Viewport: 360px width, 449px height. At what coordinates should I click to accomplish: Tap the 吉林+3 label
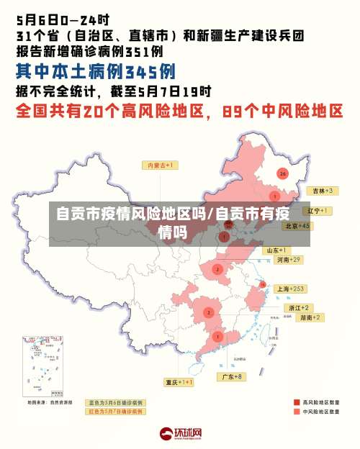[x=320, y=191]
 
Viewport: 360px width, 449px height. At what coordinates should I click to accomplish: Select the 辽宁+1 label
[x=317, y=211]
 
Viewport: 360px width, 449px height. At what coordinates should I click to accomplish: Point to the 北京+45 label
[x=297, y=225]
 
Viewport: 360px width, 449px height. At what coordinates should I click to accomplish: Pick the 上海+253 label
[x=291, y=289]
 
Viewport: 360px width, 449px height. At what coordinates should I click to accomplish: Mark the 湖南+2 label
[x=311, y=317]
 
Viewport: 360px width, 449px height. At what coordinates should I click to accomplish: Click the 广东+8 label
[x=231, y=376]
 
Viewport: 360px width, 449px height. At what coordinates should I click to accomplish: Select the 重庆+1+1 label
[x=179, y=382]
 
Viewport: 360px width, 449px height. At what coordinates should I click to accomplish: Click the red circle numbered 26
[x=283, y=173]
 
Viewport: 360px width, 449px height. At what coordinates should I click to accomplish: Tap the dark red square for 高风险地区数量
[x=297, y=402]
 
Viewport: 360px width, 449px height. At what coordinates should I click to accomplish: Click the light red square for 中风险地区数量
[x=297, y=412]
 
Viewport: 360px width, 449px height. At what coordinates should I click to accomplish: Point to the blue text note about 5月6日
[x=115, y=402]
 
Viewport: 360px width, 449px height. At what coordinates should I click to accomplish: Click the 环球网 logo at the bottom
[x=180, y=433]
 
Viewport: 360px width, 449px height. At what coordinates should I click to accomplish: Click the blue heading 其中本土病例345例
[x=96, y=72]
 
